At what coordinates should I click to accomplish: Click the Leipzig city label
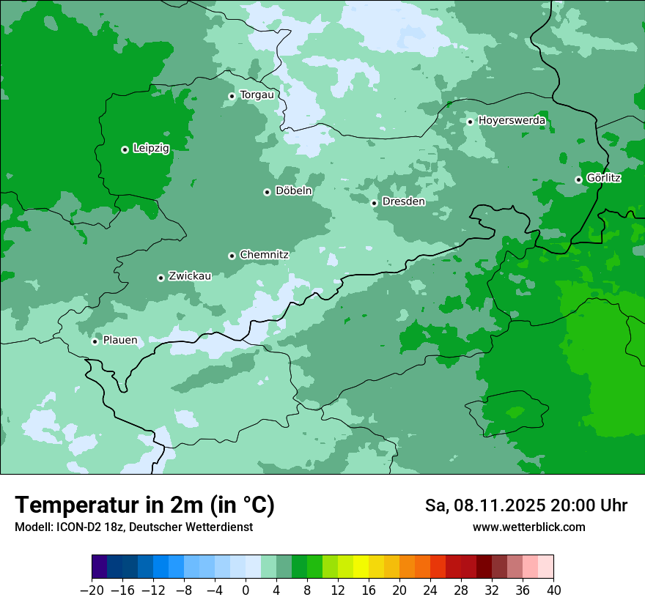pos(150,149)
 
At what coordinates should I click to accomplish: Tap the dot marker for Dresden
pos(374,203)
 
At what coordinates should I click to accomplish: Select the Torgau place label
pos(257,95)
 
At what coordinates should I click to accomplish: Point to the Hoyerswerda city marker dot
pos(470,122)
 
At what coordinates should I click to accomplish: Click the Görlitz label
pos(604,178)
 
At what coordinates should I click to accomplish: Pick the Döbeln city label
pos(293,191)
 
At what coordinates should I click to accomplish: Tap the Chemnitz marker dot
pos(232,256)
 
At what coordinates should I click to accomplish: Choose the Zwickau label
pos(190,276)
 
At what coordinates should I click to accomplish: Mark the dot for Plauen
pos(95,341)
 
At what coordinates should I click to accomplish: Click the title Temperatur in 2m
pos(144,505)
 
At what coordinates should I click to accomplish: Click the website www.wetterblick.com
pos(528,527)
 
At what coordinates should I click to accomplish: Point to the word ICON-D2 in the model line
pos(73,527)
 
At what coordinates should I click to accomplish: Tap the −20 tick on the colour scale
pos(92,590)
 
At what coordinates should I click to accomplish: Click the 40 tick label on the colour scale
pos(553,590)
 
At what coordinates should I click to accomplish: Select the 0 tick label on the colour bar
pos(246,590)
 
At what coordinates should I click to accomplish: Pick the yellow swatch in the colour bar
pos(361,568)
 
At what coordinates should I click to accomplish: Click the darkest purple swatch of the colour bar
pos(100,568)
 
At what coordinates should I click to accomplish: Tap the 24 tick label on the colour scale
pos(430,590)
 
